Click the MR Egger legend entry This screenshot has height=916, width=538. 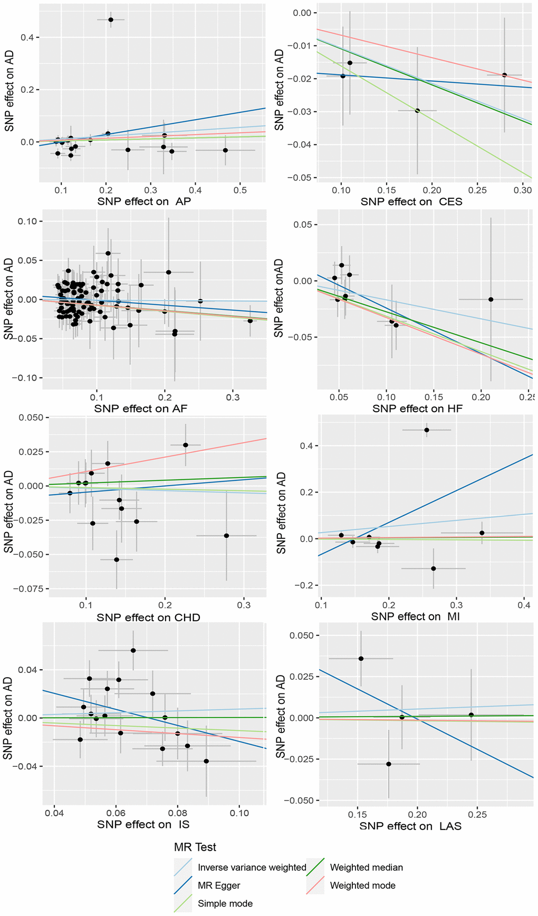tap(219, 885)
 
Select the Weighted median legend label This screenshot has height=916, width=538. tap(366, 867)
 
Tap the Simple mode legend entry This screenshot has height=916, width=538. tap(225, 903)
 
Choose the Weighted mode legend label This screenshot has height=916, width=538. tap(362, 885)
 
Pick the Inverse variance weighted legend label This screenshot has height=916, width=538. tap(252, 867)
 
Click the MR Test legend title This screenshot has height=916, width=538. tap(195, 847)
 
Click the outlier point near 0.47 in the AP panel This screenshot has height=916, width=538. tap(111, 20)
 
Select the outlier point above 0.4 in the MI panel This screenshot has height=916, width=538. tap(427, 430)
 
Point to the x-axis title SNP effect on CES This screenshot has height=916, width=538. tap(411, 202)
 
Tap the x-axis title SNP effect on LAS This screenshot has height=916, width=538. tap(410, 826)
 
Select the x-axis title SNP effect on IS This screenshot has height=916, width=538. tap(143, 825)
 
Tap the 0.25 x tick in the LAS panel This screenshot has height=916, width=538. tap(477, 815)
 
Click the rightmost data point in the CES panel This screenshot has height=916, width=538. tap(504, 75)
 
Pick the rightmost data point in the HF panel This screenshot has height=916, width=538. tap(491, 299)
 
